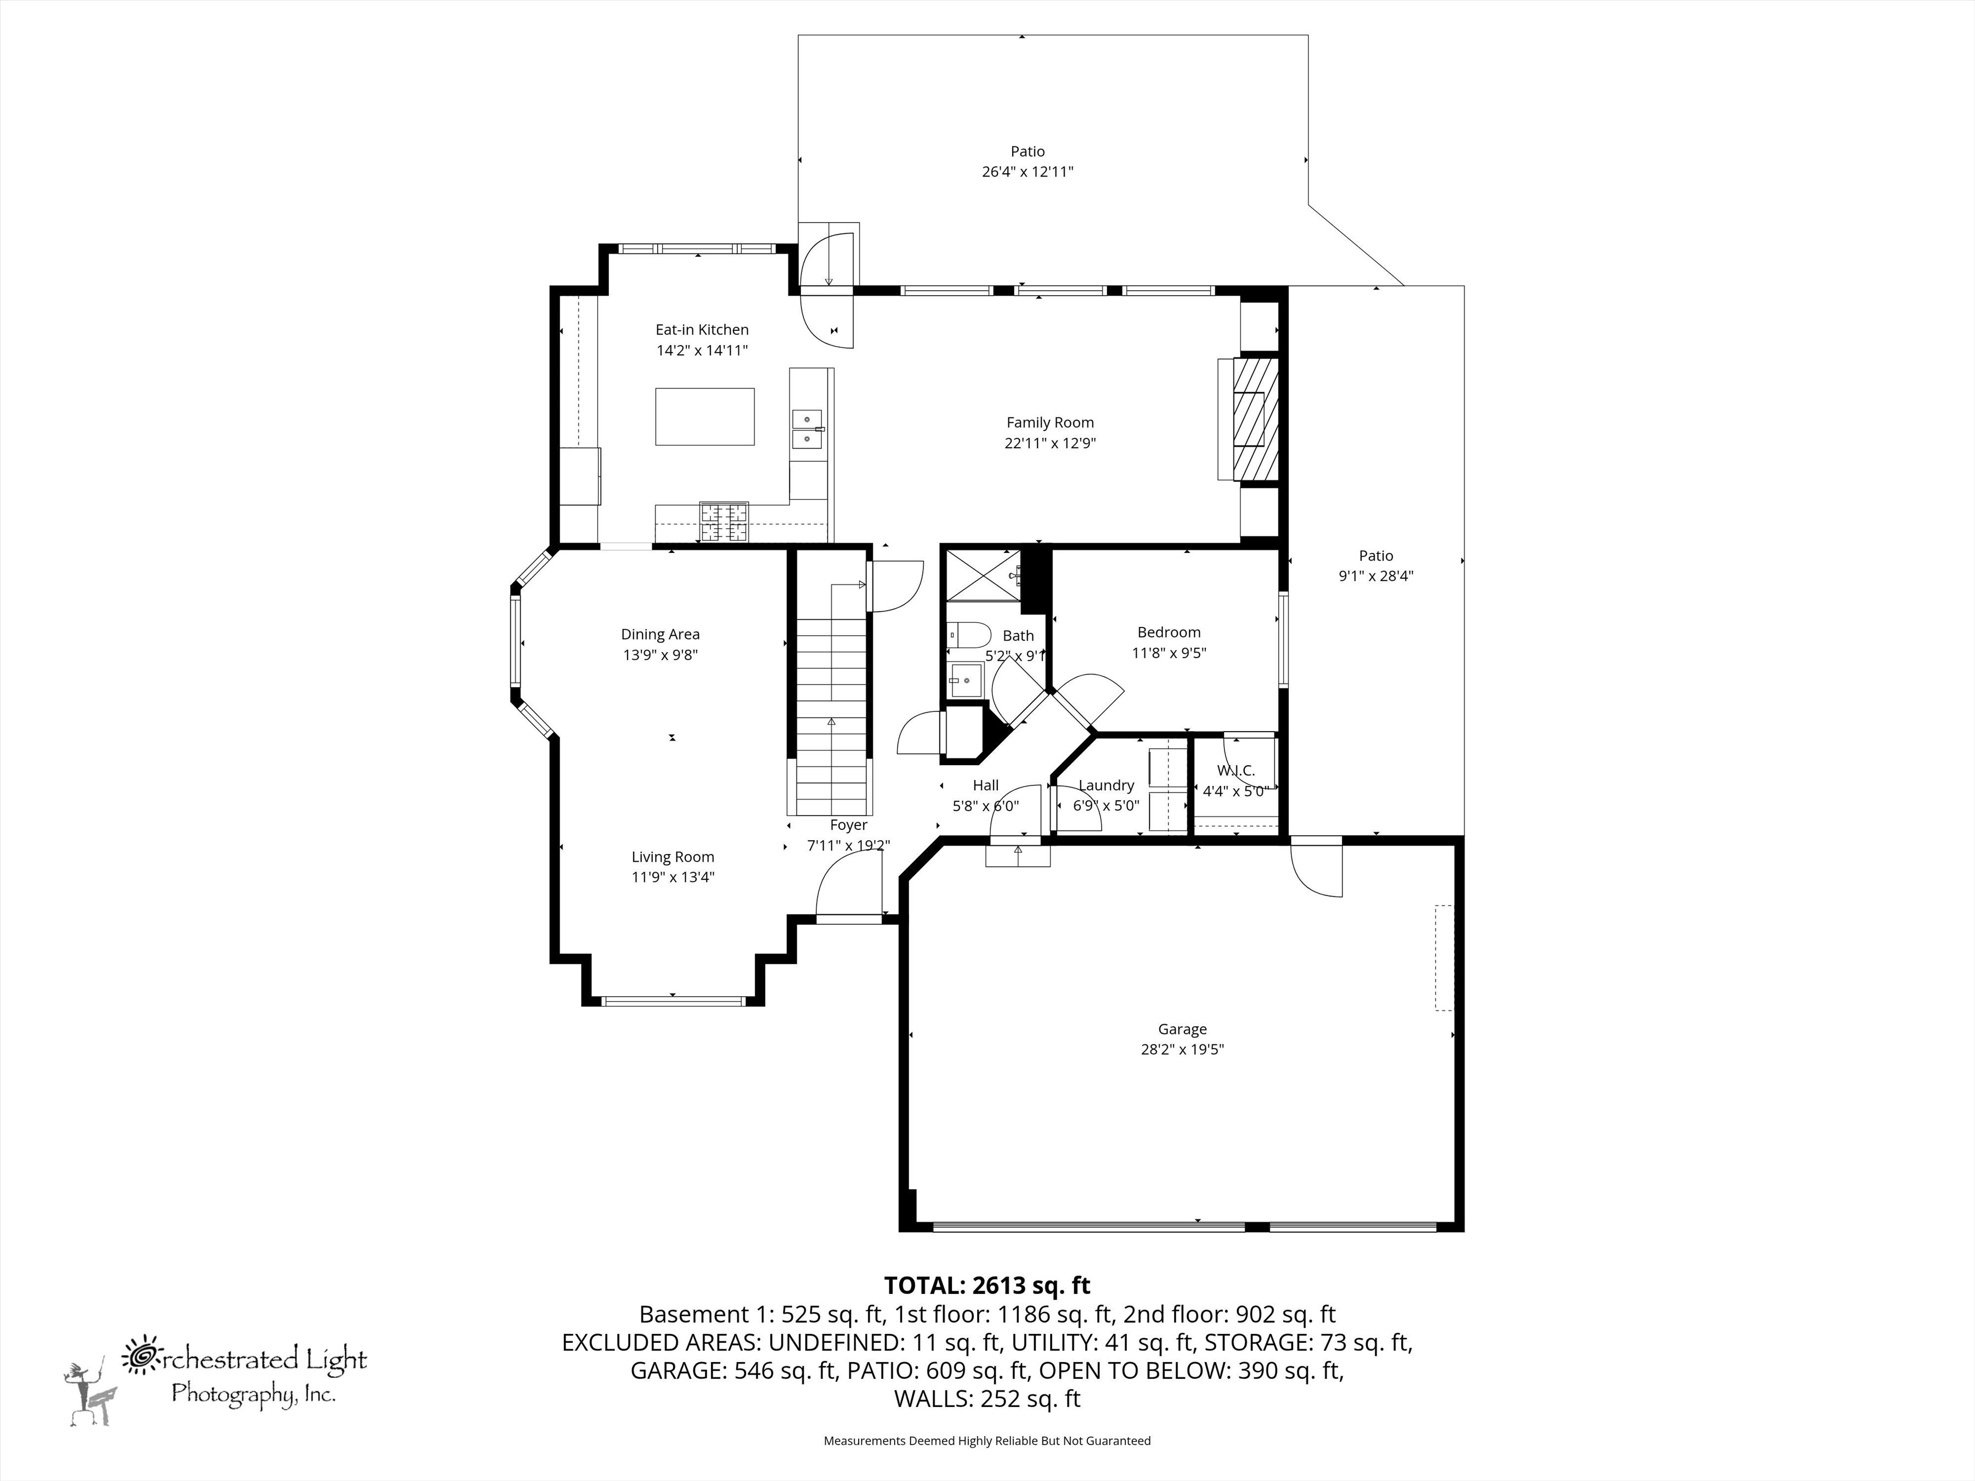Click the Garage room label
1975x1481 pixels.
(1182, 1029)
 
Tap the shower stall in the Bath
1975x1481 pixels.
(982, 575)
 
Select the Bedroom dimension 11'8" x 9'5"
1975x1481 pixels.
(1169, 653)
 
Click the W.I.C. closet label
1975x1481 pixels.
(1235, 771)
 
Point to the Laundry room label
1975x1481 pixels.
(1106, 785)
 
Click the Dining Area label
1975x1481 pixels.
(660, 635)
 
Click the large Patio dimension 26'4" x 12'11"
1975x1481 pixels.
(1027, 171)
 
